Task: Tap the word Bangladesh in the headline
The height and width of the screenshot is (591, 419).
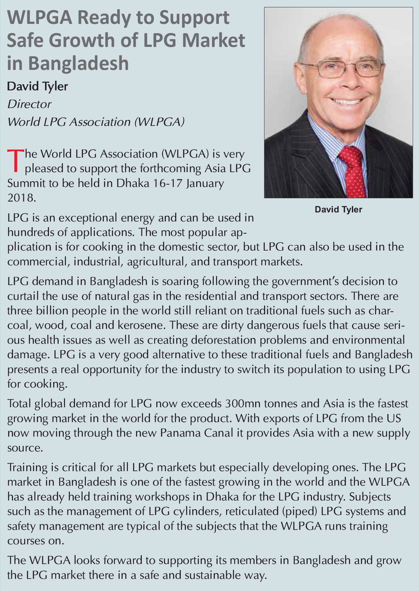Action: (78, 63)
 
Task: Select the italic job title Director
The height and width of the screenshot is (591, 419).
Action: (29, 104)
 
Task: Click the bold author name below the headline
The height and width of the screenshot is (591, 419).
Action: (37, 86)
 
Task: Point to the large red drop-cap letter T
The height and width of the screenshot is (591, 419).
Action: (15, 160)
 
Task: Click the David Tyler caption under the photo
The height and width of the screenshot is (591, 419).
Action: (338, 209)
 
